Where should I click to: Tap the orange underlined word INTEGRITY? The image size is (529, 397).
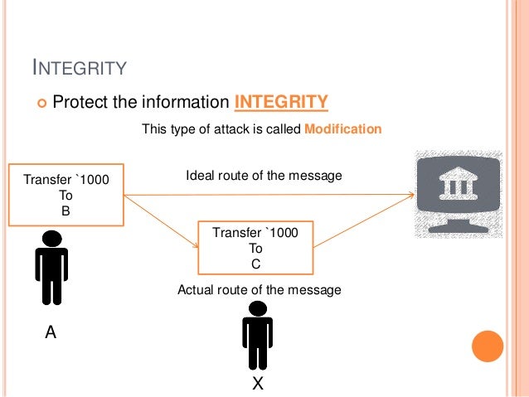point(282,102)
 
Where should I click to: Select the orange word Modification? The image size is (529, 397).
point(343,129)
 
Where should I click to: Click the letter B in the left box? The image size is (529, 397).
point(66,210)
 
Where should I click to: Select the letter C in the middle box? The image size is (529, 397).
point(255,264)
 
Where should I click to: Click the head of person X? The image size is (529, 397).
point(257,308)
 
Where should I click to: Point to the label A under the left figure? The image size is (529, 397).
point(51,333)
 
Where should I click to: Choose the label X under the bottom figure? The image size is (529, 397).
point(258,384)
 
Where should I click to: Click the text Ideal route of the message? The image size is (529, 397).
point(264,177)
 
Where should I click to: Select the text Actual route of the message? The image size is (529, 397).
point(260,290)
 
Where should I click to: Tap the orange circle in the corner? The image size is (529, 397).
point(487,346)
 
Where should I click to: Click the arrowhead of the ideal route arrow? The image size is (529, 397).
point(410,196)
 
